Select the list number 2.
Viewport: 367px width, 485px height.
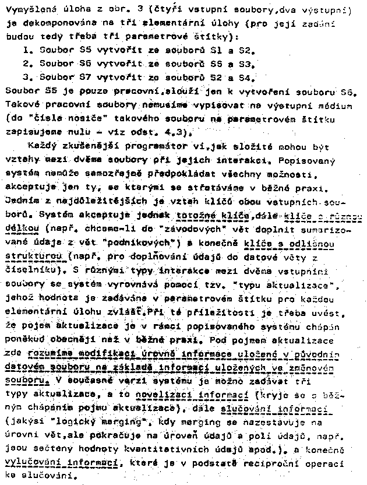click(x=26, y=64)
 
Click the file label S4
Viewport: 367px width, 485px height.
click(x=246, y=76)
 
